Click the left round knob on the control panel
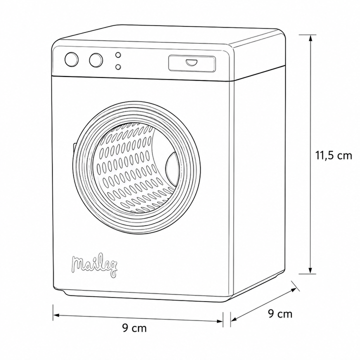(71, 59)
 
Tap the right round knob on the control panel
(96, 60)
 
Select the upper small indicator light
(118, 55)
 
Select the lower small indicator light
(118, 67)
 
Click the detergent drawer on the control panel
(192, 63)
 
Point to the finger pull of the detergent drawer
(191, 62)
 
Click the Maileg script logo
(94, 266)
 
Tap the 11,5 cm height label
(333, 155)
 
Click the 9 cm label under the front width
(134, 328)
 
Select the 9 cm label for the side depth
(280, 313)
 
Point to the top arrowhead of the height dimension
(310, 38)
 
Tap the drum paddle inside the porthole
(171, 169)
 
